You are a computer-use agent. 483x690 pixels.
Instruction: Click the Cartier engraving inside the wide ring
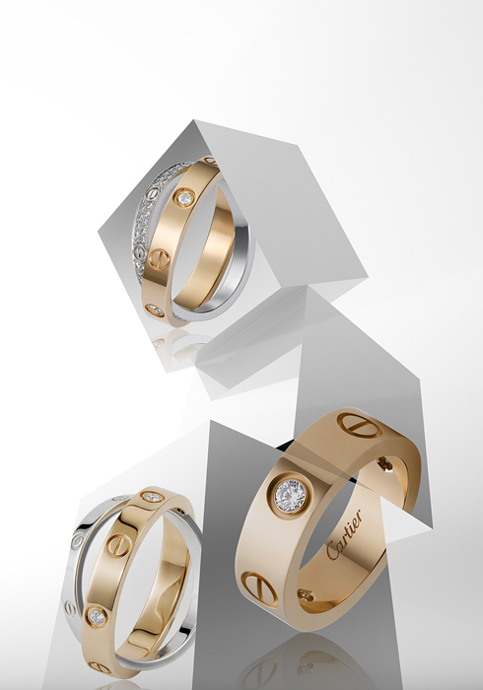coord(344,534)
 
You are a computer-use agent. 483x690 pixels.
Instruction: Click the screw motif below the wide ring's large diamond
coord(259,587)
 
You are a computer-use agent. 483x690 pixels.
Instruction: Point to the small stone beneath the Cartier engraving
coord(306,595)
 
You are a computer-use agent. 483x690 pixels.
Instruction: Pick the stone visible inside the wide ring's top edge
coord(385,464)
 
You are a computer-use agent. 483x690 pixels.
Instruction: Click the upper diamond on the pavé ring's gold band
coord(185,197)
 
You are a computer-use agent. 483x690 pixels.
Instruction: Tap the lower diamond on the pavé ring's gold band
coord(156,310)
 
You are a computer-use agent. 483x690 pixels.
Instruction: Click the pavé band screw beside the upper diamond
coord(152,193)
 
